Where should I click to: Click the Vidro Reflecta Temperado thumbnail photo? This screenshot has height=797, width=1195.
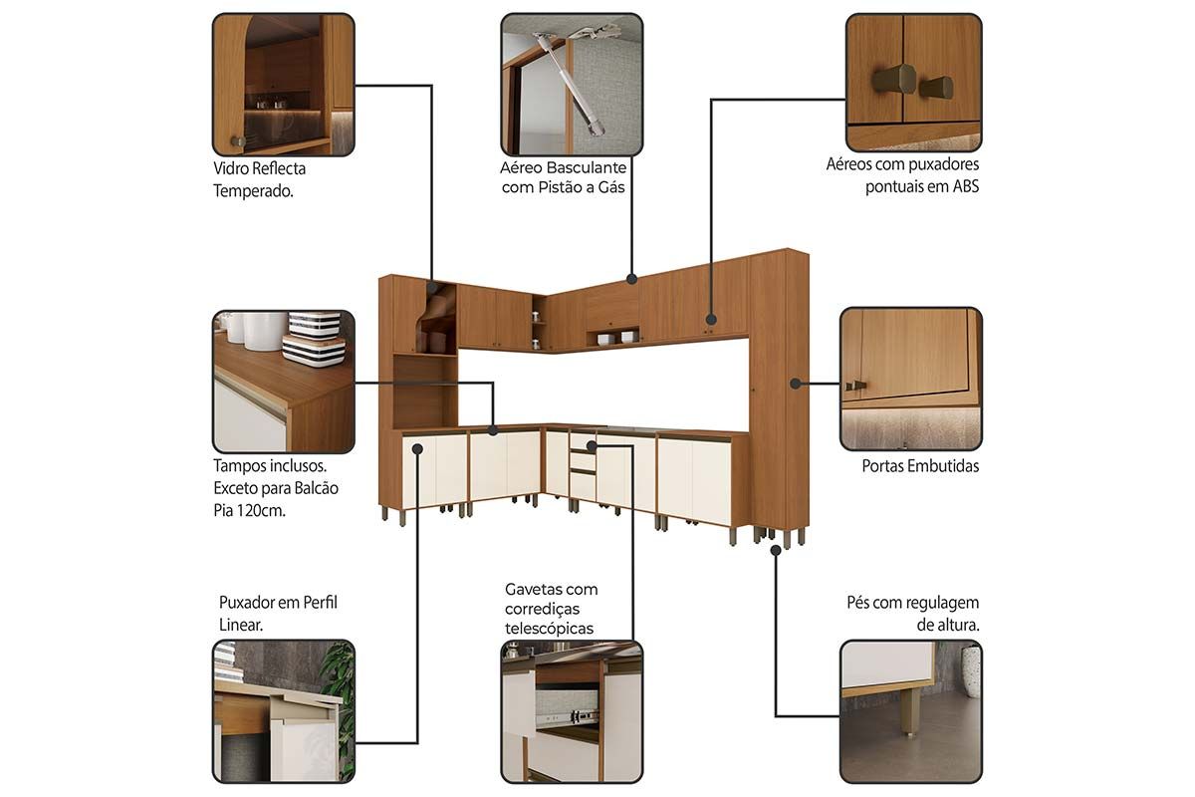(x=283, y=85)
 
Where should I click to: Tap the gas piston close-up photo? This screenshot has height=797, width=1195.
(x=572, y=85)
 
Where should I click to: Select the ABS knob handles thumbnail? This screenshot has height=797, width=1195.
(x=914, y=83)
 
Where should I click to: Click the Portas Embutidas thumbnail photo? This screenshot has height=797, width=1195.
(x=910, y=379)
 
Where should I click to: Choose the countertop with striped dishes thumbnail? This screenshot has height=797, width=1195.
(x=283, y=382)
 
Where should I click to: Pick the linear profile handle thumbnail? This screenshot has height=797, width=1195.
(x=283, y=711)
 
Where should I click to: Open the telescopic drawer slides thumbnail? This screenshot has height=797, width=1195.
(x=572, y=711)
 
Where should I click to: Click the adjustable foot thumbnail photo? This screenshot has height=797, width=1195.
(x=910, y=711)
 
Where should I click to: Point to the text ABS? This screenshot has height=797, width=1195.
(x=966, y=186)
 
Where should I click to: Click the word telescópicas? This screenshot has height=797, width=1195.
(x=549, y=629)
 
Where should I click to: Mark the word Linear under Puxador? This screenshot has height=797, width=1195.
(x=241, y=625)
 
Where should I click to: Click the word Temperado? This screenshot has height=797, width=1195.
(x=253, y=190)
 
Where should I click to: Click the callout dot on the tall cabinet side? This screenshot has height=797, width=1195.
(x=795, y=384)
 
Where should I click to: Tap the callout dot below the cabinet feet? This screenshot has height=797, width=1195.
(x=776, y=550)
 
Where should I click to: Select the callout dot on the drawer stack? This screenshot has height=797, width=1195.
(x=592, y=445)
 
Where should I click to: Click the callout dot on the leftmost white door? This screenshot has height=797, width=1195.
(x=417, y=449)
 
